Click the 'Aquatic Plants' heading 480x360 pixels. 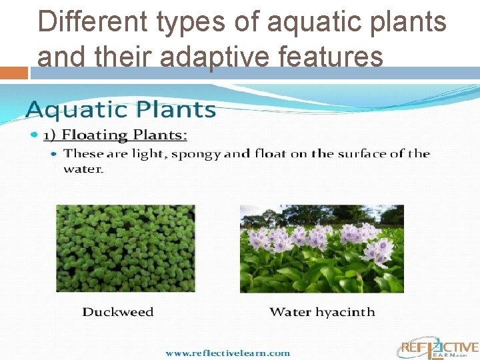[121, 109]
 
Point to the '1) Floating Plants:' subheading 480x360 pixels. [115, 135]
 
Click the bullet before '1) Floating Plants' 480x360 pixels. [35, 135]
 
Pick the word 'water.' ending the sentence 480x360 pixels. [83, 169]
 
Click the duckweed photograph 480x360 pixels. [125, 248]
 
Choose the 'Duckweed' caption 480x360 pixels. [117, 311]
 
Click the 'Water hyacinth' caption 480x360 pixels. [322, 311]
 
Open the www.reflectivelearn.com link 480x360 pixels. [227, 353]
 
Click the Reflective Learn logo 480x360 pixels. [438, 349]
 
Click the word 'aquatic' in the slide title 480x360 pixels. [305, 22]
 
